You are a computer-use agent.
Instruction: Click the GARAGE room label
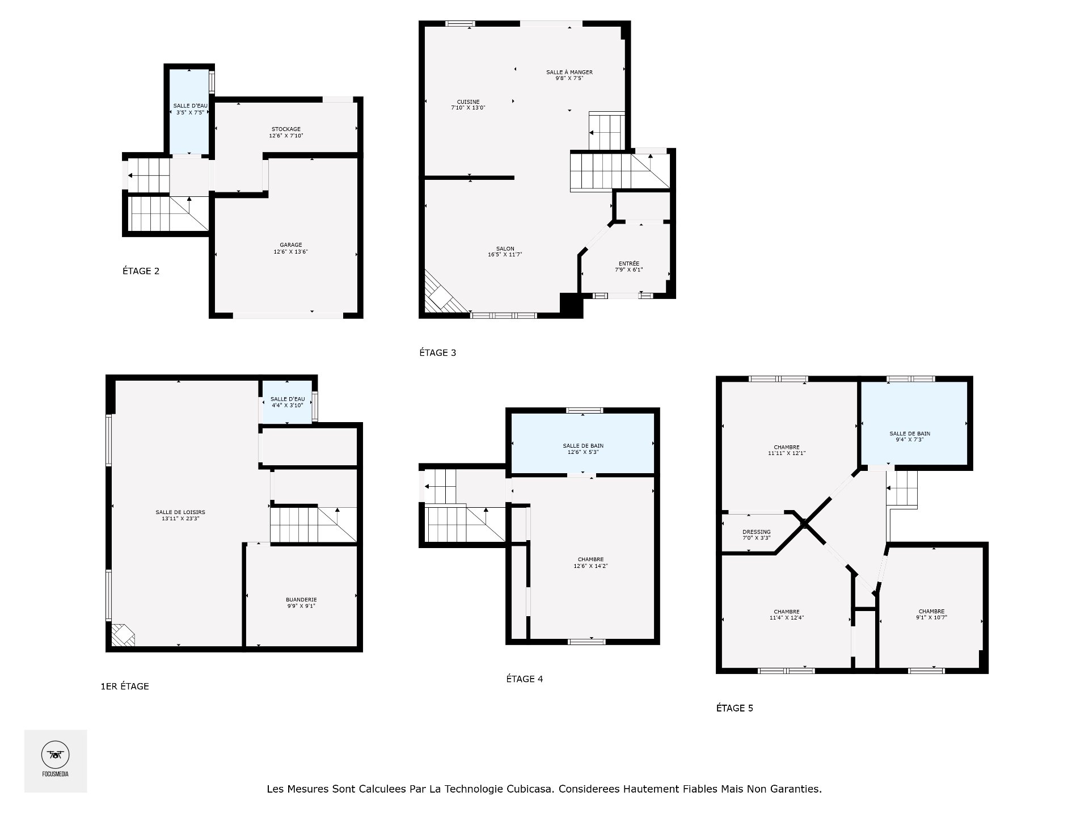click(290, 245)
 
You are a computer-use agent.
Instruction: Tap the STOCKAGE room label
click(286, 129)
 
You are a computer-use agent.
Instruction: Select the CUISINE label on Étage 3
click(468, 102)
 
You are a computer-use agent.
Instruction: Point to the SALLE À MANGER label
click(569, 72)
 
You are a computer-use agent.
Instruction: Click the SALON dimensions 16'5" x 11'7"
click(504, 255)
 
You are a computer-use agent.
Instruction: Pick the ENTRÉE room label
click(628, 263)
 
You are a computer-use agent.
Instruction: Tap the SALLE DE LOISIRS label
click(180, 512)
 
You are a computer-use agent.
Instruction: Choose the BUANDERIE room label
click(301, 600)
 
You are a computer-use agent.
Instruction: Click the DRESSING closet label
click(756, 532)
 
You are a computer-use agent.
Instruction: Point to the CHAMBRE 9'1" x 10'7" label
click(931, 612)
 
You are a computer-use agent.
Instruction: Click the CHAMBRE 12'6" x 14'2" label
click(590, 559)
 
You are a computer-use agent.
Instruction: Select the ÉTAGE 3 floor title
click(437, 353)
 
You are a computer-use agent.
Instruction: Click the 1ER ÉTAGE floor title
click(125, 687)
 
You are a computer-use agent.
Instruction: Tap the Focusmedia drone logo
click(55, 756)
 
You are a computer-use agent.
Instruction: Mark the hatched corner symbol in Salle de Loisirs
click(122, 635)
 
